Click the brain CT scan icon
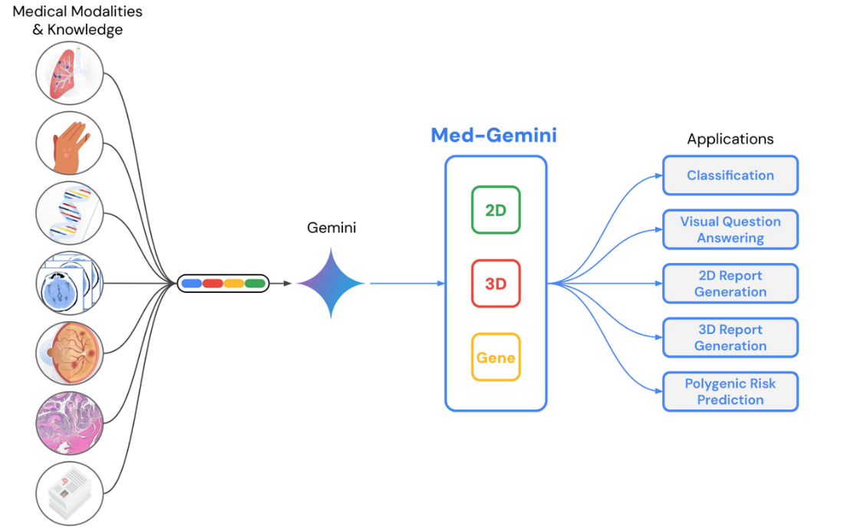[x=70, y=284]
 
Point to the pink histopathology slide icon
[x=70, y=424]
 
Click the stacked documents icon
[x=70, y=494]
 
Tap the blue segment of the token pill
[x=192, y=284]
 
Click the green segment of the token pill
[x=255, y=284]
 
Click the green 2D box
[x=496, y=210]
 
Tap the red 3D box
[x=496, y=284]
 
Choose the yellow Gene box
[x=496, y=357]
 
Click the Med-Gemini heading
[x=493, y=136]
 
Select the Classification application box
[x=730, y=176]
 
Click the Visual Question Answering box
[x=730, y=229]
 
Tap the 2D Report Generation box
[x=730, y=284]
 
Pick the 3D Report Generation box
[x=730, y=337]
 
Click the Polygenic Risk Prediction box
[x=730, y=392]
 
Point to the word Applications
[x=730, y=139]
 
